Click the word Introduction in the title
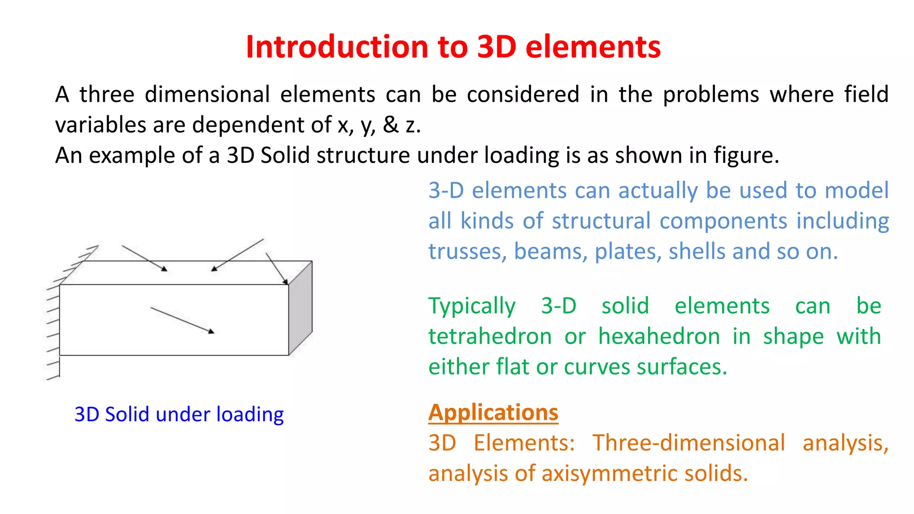tap(337, 47)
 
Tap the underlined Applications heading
tap(493, 412)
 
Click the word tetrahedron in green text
tap(490, 336)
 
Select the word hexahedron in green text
tap(659, 336)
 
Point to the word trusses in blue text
tap(467, 252)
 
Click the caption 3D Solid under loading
tap(179, 415)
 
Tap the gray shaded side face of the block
tap(300, 308)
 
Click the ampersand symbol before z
tap(391, 125)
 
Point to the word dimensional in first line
tap(207, 95)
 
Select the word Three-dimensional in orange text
tap(688, 443)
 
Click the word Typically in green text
tap(472, 306)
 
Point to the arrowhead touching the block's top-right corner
tap(285, 282)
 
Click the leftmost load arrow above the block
tap(144, 258)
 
